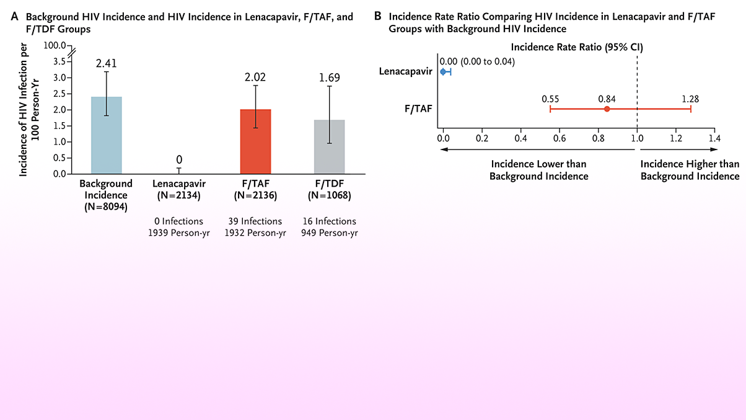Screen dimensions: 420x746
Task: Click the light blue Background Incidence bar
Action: [x=106, y=135]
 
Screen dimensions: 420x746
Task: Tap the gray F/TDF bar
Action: [x=329, y=147]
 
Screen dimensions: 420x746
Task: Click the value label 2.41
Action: [x=106, y=63]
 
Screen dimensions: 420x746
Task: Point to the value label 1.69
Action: [x=329, y=78]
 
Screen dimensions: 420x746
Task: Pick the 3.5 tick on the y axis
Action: [x=59, y=61]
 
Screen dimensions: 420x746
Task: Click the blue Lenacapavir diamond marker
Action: [x=443, y=72]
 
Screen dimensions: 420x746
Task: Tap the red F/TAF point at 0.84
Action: [x=607, y=109]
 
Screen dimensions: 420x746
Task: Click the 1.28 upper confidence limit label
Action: [x=690, y=99]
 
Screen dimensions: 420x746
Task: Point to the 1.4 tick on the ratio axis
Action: [x=714, y=138]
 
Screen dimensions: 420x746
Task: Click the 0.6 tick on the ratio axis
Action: [x=559, y=138]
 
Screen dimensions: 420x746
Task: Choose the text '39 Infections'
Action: [x=255, y=221]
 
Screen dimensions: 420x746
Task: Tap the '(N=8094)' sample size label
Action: [x=106, y=207]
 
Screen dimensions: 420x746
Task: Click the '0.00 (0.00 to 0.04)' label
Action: [x=477, y=61]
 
